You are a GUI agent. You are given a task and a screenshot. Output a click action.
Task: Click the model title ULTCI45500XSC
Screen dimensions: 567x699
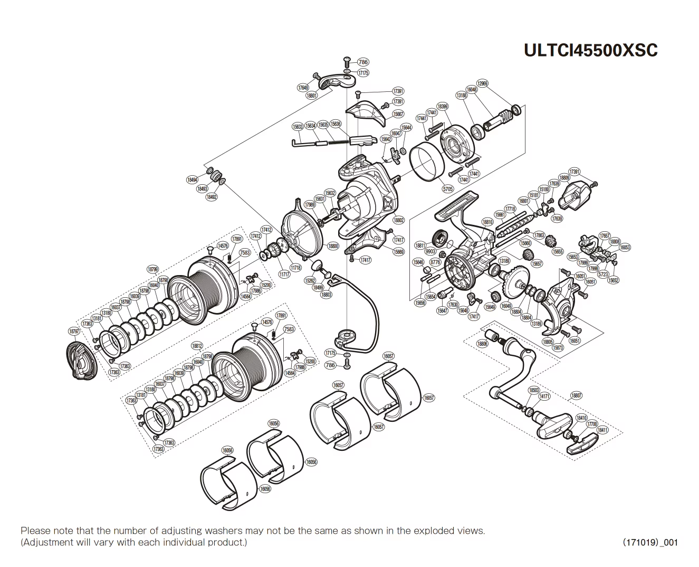pyautogui.click(x=590, y=50)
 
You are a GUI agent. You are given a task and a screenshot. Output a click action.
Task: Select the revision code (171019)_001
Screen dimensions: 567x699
pyautogui.click(x=650, y=542)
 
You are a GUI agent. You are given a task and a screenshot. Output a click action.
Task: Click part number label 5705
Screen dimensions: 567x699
pyautogui.click(x=447, y=188)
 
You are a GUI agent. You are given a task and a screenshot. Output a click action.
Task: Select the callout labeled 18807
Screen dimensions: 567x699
pyautogui.click(x=576, y=395)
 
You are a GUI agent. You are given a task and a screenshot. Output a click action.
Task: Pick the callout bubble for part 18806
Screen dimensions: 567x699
pyautogui.click(x=482, y=344)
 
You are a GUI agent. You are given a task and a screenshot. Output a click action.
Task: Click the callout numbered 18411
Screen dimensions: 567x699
pyautogui.click(x=602, y=430)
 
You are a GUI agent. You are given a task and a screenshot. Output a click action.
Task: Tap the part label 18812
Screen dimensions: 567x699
pyautogui.click(x=197, y=346)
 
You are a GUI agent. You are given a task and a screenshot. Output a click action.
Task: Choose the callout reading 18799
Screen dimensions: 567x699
pyautogui.click(x=152, y=269)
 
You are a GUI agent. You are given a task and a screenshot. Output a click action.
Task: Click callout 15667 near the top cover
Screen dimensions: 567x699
pyautogui.click(x=398, y=114)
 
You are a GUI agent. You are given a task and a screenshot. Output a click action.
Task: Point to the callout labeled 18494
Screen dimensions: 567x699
pyautogui.click(x=192, y=179)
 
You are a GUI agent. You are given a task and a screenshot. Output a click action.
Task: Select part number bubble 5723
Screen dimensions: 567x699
pyautogui.click(x=603, y=275)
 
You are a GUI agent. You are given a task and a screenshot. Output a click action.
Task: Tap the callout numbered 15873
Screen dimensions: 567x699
pyautogui.click(x=558, y=348)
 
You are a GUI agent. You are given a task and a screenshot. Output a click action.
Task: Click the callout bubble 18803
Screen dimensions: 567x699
pyautogui.click(x=326, y=295)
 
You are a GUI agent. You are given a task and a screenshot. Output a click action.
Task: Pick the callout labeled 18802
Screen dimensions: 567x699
pyautogui.click(x=398, y=220)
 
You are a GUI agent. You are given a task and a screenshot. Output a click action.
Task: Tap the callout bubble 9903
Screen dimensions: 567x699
pyautogui.click(x=431, y=252)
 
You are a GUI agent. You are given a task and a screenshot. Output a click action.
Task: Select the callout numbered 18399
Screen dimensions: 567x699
pyautogui.click(x=443, y=106)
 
